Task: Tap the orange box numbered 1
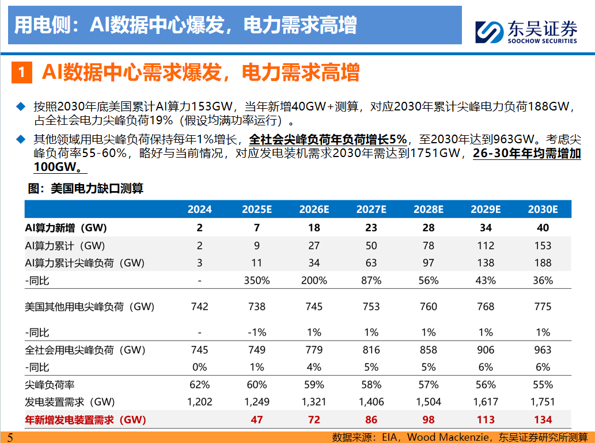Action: pyautogui.click(x=21, y=72)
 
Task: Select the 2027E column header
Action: pyautogui.click(x=371, y=209)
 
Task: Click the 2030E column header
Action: pyautogui.click(x=543, y=209)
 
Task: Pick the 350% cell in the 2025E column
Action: pyautogui.click(x=257, y=281)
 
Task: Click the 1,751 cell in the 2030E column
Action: pyautogui.click(x=543, y=402)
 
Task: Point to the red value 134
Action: pyautogui.click(x=543, y=420)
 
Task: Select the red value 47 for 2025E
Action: pyautogui.click(x=257, y=420)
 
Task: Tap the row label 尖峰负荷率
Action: pyautogui.click(x=51, y=385)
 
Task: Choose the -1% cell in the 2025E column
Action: pyautogui.click(x=257, y=333)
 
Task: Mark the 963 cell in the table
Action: pyautogui.click(x=543, y=350)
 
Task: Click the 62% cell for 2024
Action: pyautogui.click(x=199, y=385)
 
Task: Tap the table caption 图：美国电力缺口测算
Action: pyautogui.click(x=85, y=188)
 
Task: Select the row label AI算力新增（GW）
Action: pyautogui.click(x=66, y=228)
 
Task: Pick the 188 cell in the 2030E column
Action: pyautogui.click(x=543, y=263)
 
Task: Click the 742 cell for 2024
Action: pyautogui.click(x=199, y=307)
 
